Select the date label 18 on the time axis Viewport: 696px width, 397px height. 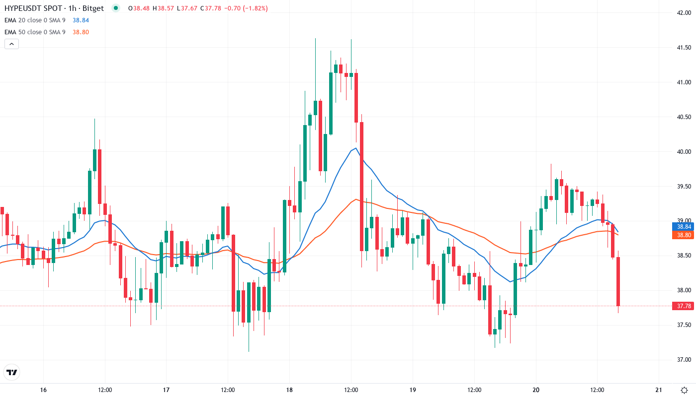click(289, 390)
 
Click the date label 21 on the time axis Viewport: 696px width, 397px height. click(659, 390)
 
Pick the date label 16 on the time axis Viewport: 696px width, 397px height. click(43, 390)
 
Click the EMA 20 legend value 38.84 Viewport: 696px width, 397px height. click(81, 20)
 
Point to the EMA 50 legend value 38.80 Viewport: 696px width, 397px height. click(81, 32)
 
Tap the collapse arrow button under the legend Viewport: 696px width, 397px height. click(11, 44)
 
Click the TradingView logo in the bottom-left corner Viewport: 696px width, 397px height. click(11, 372)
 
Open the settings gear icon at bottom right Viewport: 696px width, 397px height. click(684, 390)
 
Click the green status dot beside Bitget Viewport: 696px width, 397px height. click(116, 8)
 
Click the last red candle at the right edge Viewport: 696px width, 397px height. click(618, 281)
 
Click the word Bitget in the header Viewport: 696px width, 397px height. click(93, 8)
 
